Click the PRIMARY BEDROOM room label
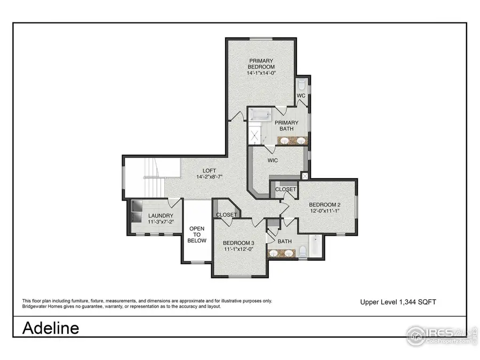(x=261, y=63)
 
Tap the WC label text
(x=301, y=95)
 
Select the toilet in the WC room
(x=301, y=85)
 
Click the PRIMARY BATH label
(x=286, y=126)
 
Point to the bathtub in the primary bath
(x=262, y=115)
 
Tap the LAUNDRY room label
(x=161, y=215)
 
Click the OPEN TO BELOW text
(x=196, y=235)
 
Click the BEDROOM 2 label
(x=324, y=205)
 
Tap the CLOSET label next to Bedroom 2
(x=285, y=189)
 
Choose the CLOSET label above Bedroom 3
(x=227, y=214)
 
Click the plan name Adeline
(x=51, y=327)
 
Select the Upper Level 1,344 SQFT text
(x=398, y=302)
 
